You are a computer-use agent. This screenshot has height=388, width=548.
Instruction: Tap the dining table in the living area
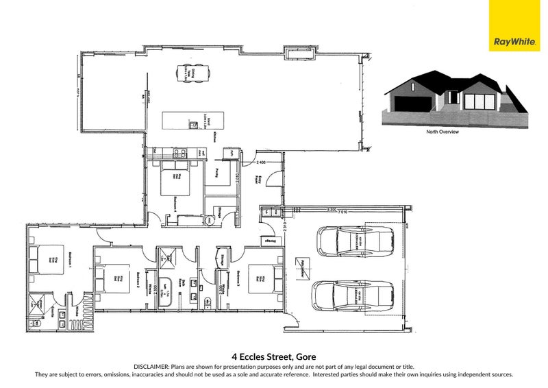click(x=190, y=72)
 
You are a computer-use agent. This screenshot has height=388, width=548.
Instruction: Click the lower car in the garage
click(x=352, y=295)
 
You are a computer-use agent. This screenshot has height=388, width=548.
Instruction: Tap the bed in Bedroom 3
click(x=266, y=279)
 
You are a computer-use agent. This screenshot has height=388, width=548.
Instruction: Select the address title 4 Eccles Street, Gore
click(x=273, y=356)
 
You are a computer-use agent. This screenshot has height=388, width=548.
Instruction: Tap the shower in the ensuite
click(x=34, y=304)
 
